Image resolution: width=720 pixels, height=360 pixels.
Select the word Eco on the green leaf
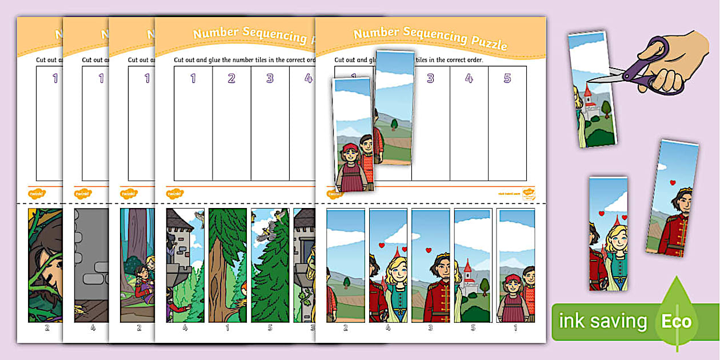[676, 321]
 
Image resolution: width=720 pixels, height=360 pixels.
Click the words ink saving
[603, 321]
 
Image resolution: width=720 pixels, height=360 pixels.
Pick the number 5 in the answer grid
[507, 78]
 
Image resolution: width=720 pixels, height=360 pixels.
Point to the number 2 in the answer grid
[231, 78]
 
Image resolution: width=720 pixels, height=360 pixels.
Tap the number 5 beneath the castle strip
[473, 328]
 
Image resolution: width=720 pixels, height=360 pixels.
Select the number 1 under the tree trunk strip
[227, 328]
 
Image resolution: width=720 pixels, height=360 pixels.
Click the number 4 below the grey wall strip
[93, 328]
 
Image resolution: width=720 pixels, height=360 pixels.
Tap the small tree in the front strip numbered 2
[347, 282]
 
